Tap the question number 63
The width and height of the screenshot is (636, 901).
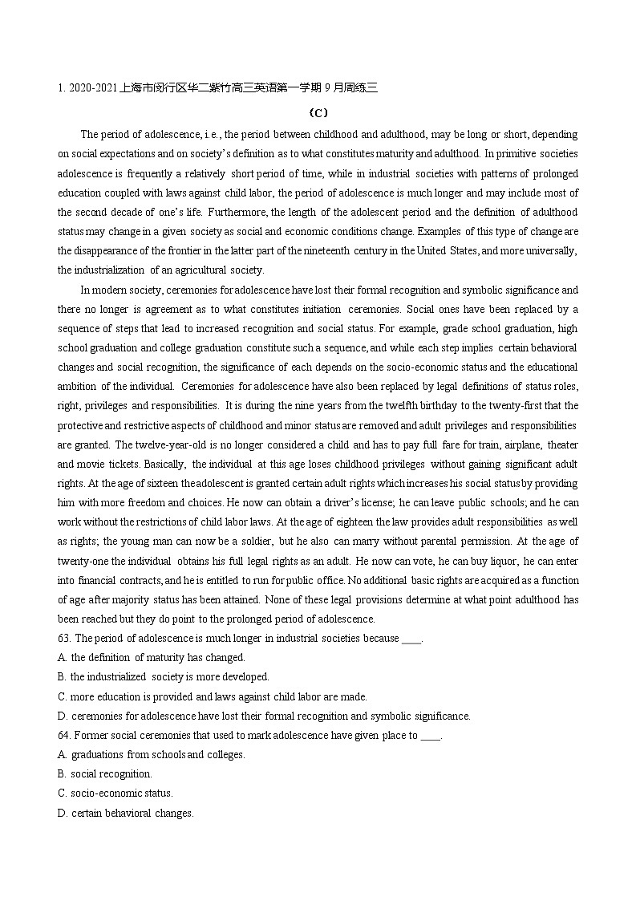point(64,639)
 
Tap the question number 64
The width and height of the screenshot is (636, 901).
point(64,736)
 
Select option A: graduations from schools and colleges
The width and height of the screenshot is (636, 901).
point(152,755)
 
